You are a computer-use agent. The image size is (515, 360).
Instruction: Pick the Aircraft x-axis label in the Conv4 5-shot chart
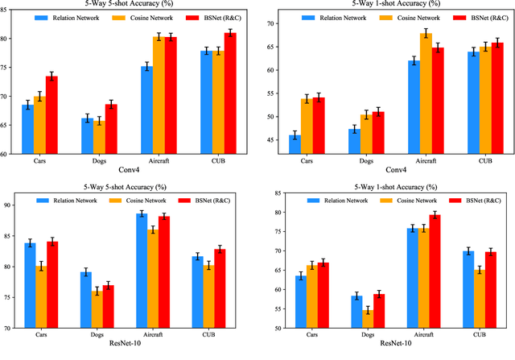click(152, 161)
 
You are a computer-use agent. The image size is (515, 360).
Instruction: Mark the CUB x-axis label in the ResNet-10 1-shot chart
click(485, 335)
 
